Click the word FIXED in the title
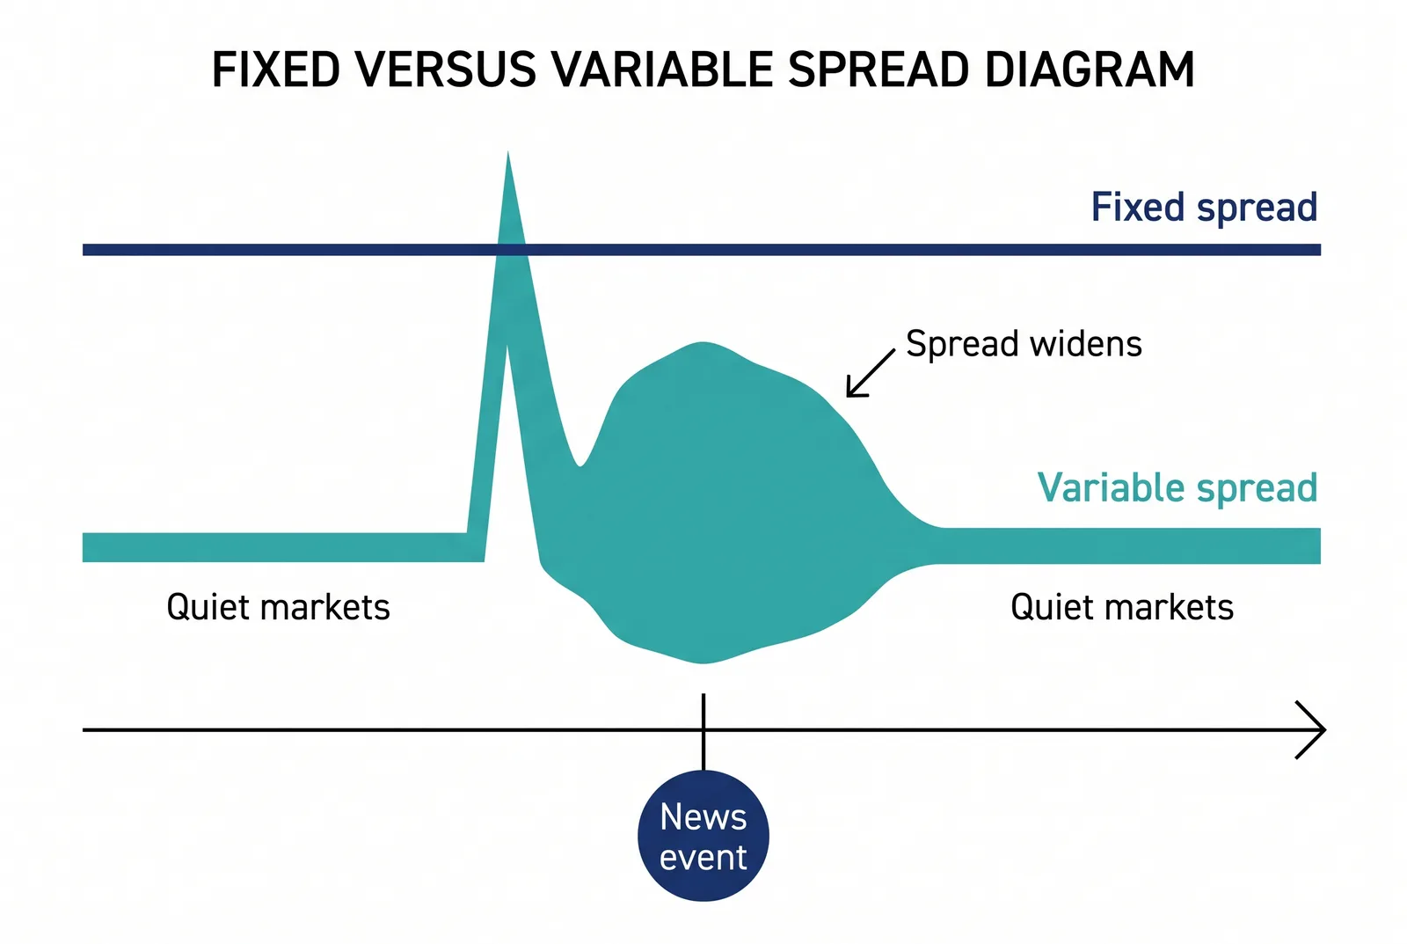276,70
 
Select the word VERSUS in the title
446,70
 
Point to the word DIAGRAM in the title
1090,70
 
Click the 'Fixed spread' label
1204,208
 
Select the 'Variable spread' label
1177,488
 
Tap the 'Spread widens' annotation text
1024,344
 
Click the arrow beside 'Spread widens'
871,373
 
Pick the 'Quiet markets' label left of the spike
278,607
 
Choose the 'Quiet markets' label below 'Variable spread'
1122,607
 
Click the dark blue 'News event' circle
703,836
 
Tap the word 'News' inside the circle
703,817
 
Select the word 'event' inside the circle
703,857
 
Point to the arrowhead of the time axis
1324,729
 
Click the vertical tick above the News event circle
703,732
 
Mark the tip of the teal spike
508,152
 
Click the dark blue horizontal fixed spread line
702,250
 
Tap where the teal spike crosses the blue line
511,250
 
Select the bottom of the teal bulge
703,662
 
